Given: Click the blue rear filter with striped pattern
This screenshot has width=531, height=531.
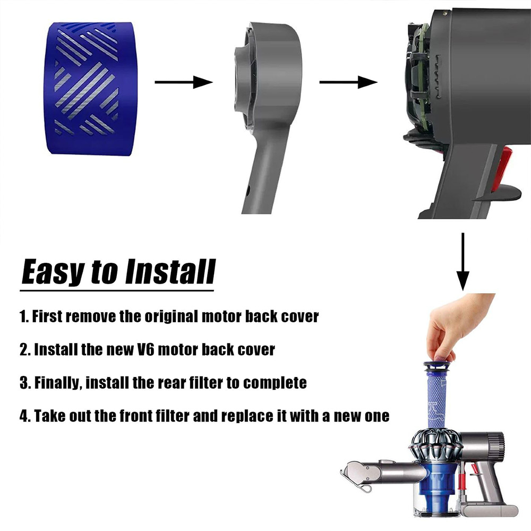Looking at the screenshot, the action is [89, 89].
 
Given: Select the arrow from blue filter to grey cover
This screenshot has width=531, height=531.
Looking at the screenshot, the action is [184, 82].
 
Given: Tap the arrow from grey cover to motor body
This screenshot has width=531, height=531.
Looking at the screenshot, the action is [348, 82].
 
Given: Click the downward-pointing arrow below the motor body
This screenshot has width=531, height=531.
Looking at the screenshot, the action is [463, 261].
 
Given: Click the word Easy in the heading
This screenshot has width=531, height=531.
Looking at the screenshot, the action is [53, 272].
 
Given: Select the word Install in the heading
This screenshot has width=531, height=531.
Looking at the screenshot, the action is [170, 271].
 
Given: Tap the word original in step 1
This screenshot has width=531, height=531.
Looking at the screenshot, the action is [172, 316].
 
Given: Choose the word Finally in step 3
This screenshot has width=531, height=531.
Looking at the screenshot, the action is [58, 383].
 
